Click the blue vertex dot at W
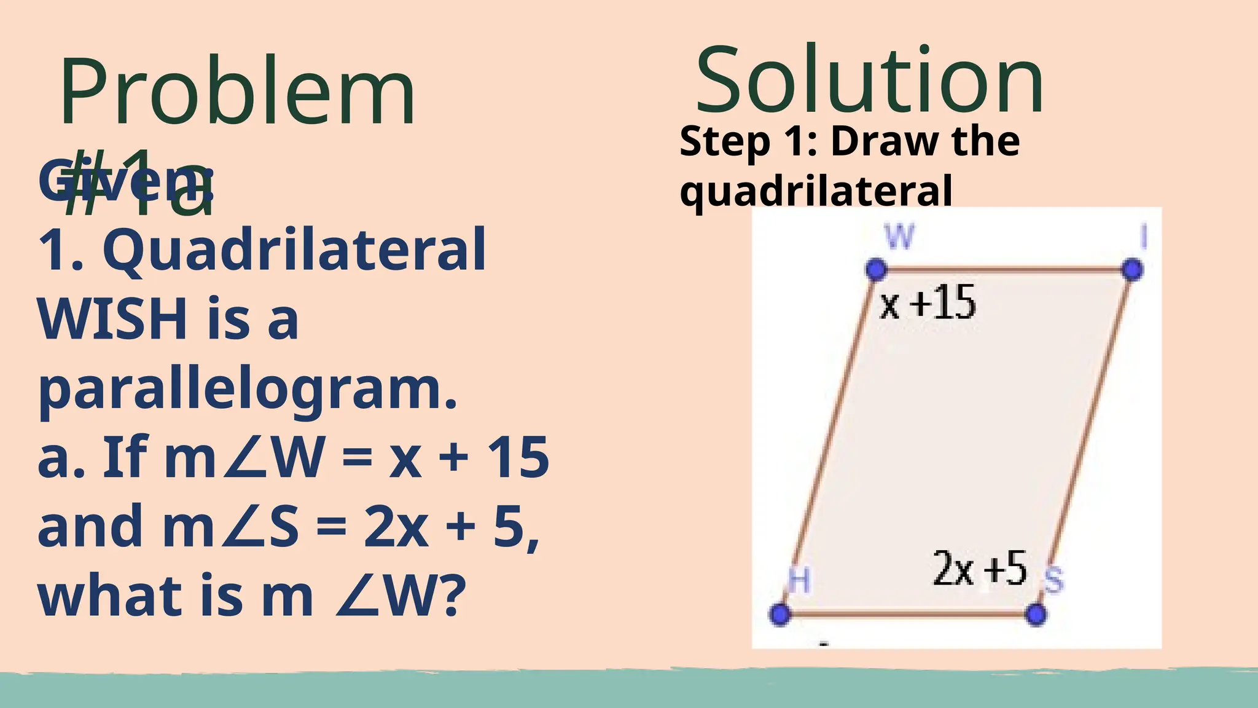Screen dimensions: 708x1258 point(876,269)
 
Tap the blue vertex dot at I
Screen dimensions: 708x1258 point(1132,269)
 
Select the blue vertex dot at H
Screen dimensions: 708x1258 point(780,614)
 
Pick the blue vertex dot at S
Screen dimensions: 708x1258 point(1036,614)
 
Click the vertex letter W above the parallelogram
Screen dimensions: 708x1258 point(899,237)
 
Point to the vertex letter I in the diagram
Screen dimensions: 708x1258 point(1143,237)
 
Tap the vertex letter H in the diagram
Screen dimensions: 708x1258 point(799,580)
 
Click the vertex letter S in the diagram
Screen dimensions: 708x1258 point(1054,581)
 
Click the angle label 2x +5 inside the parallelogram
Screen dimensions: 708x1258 point(980,568)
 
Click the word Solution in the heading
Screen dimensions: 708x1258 point(869,81)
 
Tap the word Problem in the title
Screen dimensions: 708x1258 point(238,92)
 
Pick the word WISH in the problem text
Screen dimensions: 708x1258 point(112,319)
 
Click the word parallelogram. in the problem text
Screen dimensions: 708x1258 point(248,390)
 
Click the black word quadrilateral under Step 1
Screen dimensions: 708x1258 point(816,191)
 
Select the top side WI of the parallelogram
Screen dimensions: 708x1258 point(1004,269)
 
